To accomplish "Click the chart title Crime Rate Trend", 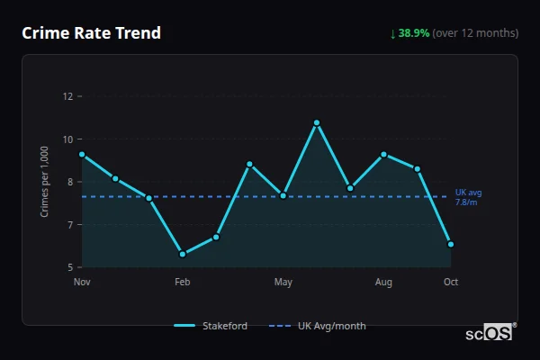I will pos(91,33).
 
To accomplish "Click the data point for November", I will pos(82,155).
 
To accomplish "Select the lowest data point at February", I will pos(183,254).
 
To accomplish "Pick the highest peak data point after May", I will pos(317,122).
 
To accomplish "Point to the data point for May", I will pos(283,195).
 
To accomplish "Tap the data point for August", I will pos(383,155).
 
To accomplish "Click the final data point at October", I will pos(451,244).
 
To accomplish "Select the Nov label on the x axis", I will pos(82,283).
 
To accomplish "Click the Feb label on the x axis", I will pos(183,283).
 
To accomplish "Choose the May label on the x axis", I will pos(283,283).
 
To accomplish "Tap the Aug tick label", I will pos(383,283).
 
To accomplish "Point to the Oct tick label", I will pos(451,283).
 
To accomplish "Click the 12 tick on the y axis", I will pos(67,96).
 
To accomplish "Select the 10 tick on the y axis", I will pos(67,139).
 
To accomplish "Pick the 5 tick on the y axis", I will pos(70,267).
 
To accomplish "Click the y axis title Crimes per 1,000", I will pos(45,182).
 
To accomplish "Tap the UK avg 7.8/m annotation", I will pos(468,197).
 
